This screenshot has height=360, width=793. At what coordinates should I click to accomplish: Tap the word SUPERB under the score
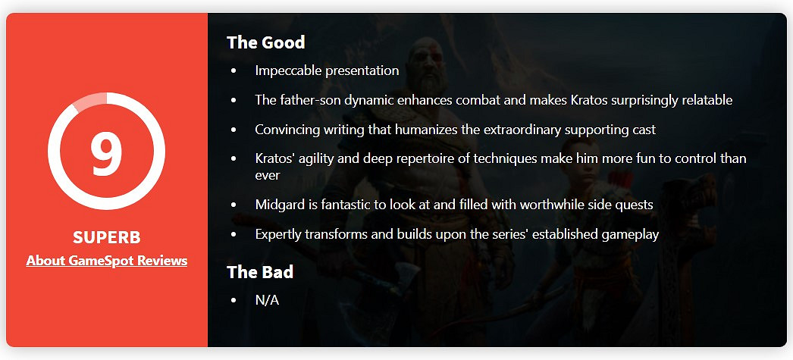107,237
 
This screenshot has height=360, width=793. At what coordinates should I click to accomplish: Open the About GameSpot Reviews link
107,261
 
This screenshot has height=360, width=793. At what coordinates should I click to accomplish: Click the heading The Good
265,42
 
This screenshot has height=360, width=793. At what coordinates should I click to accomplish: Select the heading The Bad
260,272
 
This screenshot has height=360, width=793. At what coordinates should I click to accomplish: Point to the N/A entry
267,300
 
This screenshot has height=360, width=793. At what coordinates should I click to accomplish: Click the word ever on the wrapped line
268,175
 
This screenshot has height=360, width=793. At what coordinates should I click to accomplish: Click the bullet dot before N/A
234,300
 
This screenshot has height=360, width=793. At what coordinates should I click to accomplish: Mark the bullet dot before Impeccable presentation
234,71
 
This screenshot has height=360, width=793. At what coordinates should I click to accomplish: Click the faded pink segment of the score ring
89,100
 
